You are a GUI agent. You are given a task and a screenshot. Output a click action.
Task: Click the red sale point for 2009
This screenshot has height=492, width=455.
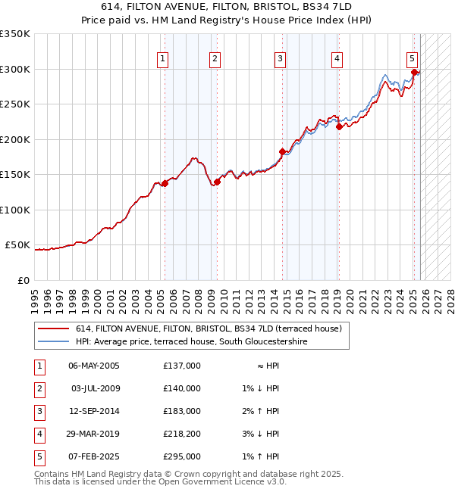tap(217, 182)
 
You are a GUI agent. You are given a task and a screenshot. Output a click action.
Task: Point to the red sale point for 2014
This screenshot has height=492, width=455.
tap(282, 151)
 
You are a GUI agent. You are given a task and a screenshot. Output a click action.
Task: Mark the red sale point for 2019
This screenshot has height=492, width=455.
tap(339, 126)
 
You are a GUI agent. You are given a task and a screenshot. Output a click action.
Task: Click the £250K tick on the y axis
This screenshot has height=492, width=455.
tap(15, 104)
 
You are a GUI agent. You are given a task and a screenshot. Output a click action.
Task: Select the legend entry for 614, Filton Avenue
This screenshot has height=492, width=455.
tap(209, 329)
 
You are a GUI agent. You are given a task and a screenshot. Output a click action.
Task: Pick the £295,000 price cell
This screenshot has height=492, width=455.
tap(182, 456)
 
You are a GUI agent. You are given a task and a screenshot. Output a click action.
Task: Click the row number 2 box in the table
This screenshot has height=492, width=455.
tap(38, 388)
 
